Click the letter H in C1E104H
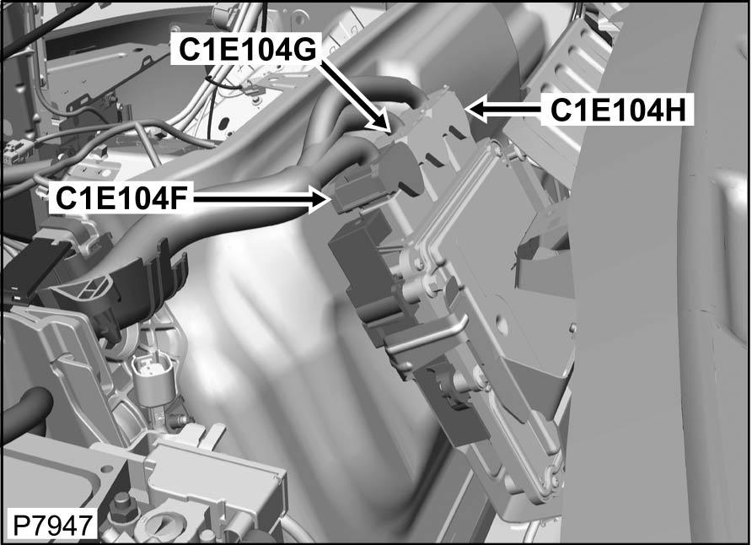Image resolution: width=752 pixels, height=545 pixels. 679,110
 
